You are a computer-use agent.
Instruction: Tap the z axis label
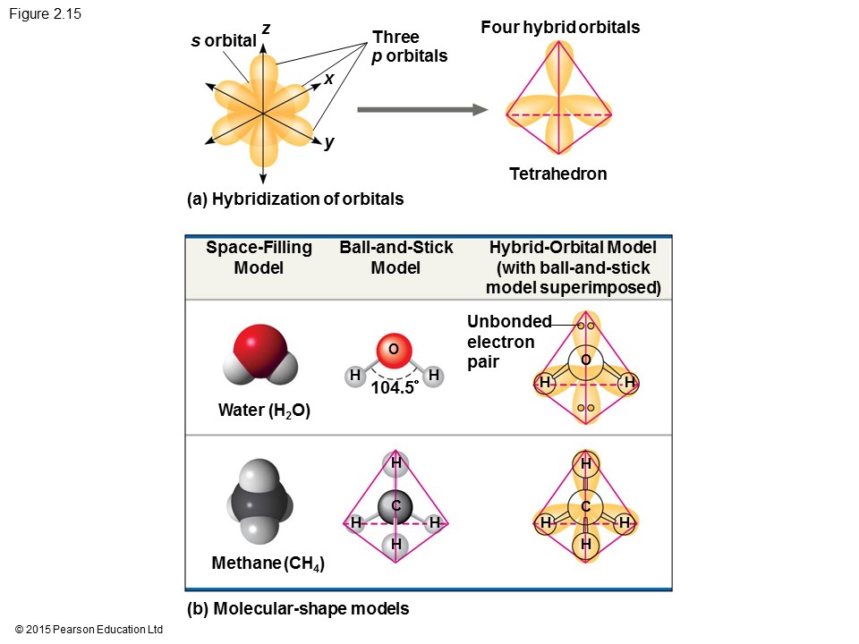(266, 30)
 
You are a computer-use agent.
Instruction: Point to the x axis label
(328, 79)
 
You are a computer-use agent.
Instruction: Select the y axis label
(328, 142)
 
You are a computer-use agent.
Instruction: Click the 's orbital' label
(224, 41)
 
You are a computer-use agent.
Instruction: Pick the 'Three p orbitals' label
(409, 47)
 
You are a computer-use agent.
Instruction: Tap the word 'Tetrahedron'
(557, 174)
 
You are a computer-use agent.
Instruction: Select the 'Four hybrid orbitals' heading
(560, 28)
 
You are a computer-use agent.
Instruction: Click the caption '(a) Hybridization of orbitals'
(295, 199)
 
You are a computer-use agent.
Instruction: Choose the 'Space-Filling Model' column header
(259, 258)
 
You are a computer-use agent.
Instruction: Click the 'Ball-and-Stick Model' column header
(396, 258)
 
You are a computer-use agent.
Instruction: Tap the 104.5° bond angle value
(395, 388)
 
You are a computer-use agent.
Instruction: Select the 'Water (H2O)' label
(264, 411)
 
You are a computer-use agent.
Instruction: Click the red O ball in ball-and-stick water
(395, 349)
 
